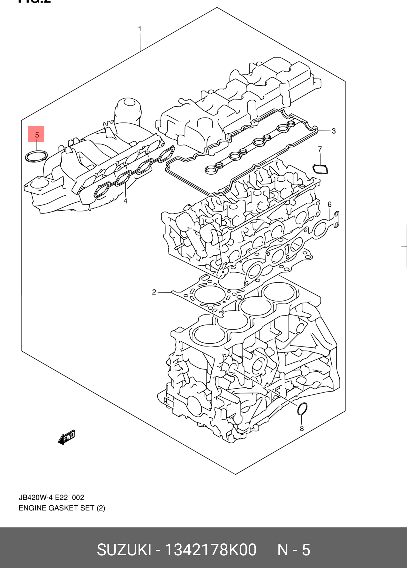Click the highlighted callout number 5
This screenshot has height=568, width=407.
tap(37, 135)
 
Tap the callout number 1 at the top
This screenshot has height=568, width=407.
tap(139, 29)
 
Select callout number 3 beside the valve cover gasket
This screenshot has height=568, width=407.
tap(334, 131)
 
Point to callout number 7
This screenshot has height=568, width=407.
tap(320, 149)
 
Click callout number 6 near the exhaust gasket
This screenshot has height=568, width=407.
tap(329, 204)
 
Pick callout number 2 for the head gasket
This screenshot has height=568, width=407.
tap(154, 292)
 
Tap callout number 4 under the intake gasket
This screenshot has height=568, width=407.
tap(125, 201)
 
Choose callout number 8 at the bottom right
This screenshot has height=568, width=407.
tap(302, 429)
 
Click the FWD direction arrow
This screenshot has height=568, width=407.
tap(66, 437)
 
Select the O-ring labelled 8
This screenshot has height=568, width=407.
tap(302, 409)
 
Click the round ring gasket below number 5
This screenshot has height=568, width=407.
tap(36, 156)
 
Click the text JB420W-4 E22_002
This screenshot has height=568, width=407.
tap(51, 497)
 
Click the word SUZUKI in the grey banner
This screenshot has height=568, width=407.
tap(124, 550)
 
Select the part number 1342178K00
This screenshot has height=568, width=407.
tap(210, 550)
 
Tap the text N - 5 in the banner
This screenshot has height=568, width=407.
tap(294, 550)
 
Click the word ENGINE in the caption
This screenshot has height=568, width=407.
tap(32, 508)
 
